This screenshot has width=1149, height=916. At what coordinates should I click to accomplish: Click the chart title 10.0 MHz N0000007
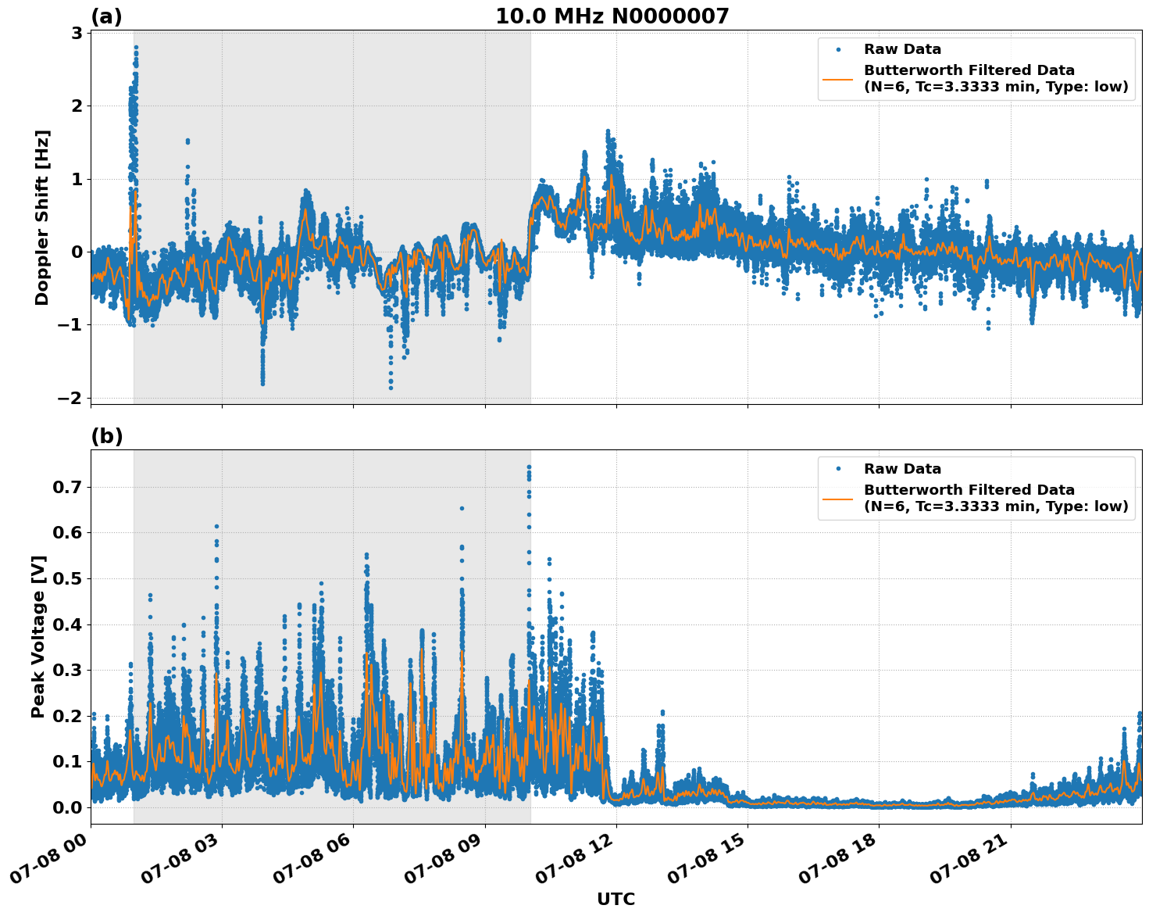point(612,16)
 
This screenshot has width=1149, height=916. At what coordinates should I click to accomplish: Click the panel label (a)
point(106,16)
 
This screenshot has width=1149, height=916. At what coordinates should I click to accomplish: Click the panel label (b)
point(106,436)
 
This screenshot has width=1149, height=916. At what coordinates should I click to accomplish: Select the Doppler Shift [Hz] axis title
point(41,217)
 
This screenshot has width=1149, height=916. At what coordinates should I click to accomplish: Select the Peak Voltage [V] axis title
point(38,636)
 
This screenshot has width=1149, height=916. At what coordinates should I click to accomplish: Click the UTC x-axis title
point(616,899)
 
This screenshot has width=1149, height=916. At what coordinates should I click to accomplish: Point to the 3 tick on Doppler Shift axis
point(77,33)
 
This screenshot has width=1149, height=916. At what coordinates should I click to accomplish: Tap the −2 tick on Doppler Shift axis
point(71,398)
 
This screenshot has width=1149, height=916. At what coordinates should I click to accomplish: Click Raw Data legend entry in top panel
point(902,50)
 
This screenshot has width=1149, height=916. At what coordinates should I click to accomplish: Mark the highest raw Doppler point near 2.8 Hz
point(135,47)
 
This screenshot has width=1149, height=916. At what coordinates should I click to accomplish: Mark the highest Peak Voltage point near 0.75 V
point(529,467)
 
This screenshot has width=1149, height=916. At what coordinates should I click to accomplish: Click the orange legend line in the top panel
point(837,78)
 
